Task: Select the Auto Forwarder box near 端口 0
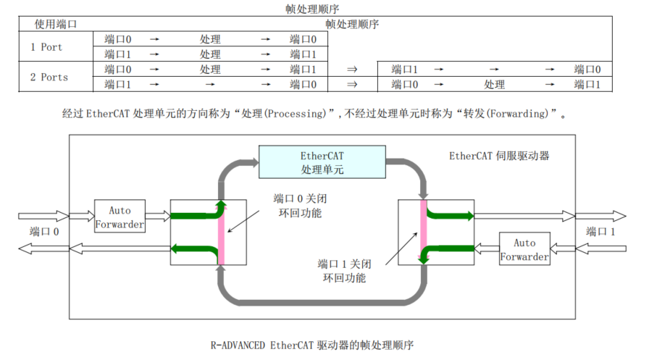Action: click(x=120, y=217)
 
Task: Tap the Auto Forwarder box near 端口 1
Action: click(x=524, y=249)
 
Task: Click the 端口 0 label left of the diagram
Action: click(x=44, y=232)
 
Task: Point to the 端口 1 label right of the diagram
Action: click(x=600, y=232)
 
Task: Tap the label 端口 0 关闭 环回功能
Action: click(x=297, y=206)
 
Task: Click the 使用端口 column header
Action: click(x=56, y=24)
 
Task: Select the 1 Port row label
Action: click(x=46, y=47)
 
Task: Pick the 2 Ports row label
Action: click(x=49, y=77)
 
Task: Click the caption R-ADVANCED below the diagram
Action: click(x=238, y=345)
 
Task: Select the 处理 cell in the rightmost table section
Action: click(x=495, y=85)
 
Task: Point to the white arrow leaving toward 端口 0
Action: click(x=43, y=248)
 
